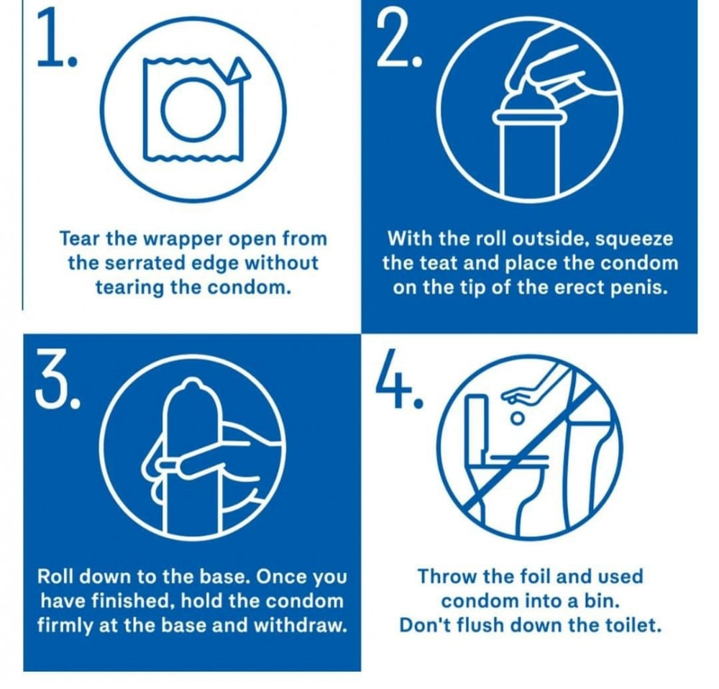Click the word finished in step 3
(133, 601)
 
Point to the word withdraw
(299, 626)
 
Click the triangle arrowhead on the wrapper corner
(239, 70)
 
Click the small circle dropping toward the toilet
(518, 419)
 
